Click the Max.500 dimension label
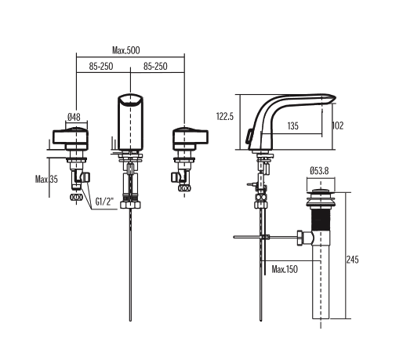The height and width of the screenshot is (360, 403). coord(126,50)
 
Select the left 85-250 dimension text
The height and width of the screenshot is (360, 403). coord(101,67)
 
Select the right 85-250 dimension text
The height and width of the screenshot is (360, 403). coord(155,67)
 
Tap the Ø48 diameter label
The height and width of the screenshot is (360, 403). coord(74,117)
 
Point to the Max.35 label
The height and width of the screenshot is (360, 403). coord(46,180)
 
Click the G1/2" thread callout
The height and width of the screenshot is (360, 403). coord(104,202)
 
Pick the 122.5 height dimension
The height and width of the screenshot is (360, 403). coord(225,116)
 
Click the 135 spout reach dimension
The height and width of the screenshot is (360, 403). coord(292,126)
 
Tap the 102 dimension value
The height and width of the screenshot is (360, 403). coord(338,125)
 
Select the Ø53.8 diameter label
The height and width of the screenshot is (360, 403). coord(319,171)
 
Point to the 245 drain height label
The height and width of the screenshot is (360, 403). coord(352,260)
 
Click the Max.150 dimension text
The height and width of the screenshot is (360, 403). coord(285,269)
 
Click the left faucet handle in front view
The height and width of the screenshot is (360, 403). coord(71,136)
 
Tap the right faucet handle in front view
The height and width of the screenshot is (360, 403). coord(191,136)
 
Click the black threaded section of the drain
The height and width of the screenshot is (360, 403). coord(321,218)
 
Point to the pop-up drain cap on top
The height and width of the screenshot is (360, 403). coord(321,192)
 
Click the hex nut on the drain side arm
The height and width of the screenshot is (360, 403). coord(300,238)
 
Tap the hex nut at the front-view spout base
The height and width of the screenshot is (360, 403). coord(130,204)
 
